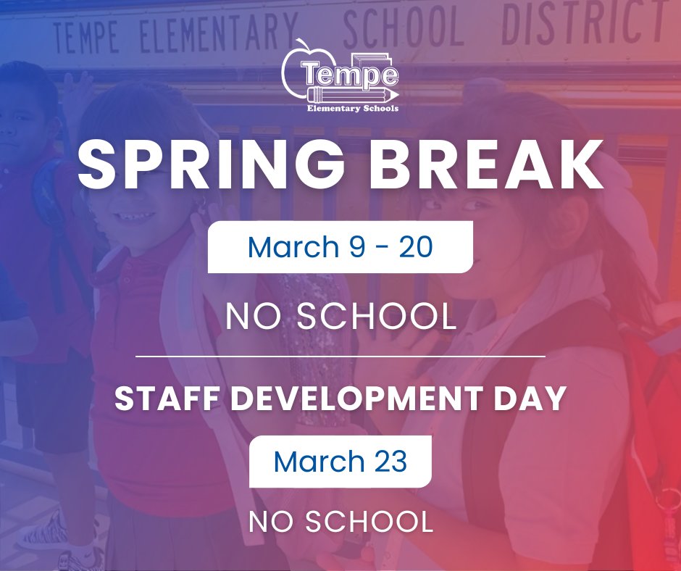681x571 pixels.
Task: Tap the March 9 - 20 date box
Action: [340, 247]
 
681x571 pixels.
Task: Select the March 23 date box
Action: [340, 462]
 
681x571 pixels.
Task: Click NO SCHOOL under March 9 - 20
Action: [340, 316]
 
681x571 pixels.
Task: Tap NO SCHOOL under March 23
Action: [340, 521]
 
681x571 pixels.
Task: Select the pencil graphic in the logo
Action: [353, 96]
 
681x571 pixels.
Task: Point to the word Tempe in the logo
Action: [349, 75]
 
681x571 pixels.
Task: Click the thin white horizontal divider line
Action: [340, 357]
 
